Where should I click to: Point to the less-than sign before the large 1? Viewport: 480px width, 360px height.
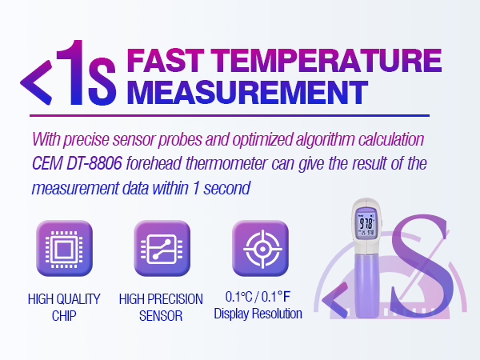tap(35, 81)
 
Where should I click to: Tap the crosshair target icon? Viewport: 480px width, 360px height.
tap(258, 250)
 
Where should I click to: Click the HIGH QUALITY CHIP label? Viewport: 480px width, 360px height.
tap(64, 307)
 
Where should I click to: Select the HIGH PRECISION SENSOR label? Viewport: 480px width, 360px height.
tap(161, 307)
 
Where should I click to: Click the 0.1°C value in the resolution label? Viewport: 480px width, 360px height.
tap(239, 298)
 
